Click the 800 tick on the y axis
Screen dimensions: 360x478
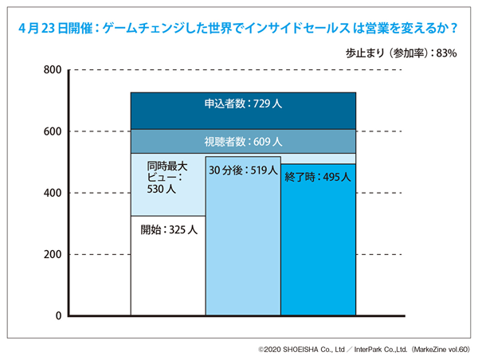[x=52, y=70]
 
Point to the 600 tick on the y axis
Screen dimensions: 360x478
[x=52, y=131]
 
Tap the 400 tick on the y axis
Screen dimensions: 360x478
[x=52, y=193]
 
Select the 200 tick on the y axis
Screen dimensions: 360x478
[x=52, y=255]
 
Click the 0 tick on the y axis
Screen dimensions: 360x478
[x=57, y=316]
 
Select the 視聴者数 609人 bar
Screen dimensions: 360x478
[x=243, y=142]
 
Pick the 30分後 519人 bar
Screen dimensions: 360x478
[x=243, y=247]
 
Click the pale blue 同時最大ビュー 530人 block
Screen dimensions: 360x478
[x=168, y=185]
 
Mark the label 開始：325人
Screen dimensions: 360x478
[x=168, y=229]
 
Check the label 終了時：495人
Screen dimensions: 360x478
[x=318, y=178]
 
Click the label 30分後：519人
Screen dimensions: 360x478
[x=243, y=170]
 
